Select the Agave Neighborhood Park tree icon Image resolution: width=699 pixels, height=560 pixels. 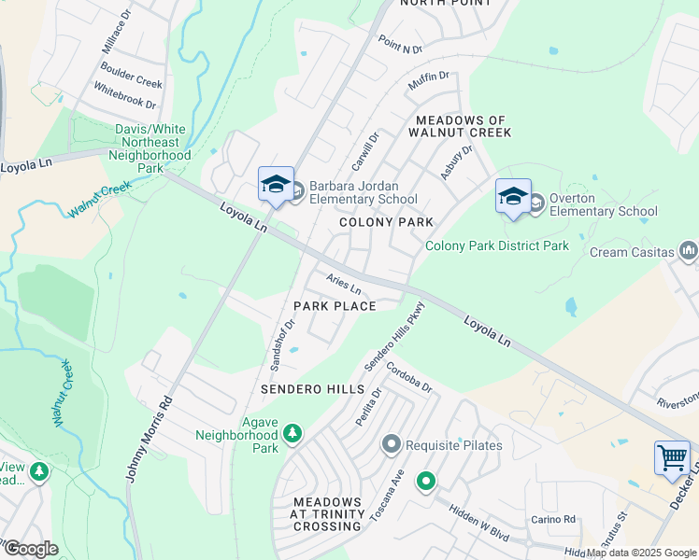pyautogui.click(x=292, y=433)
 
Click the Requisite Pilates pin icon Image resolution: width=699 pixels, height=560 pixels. pyautogui.click(x=392, y=445)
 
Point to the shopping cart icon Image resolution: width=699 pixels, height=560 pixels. pyautogui.click(x=672, y=458)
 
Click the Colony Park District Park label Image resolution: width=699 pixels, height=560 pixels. pyautogui.click(x=497, y=246)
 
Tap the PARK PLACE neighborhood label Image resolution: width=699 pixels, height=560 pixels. pyautogui.click(x=335, y=306)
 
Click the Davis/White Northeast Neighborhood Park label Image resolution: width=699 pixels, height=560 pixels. pyautogui.click(x=150, y=148)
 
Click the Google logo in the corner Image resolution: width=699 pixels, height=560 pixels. pyautogui.click(x=31, y=548)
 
